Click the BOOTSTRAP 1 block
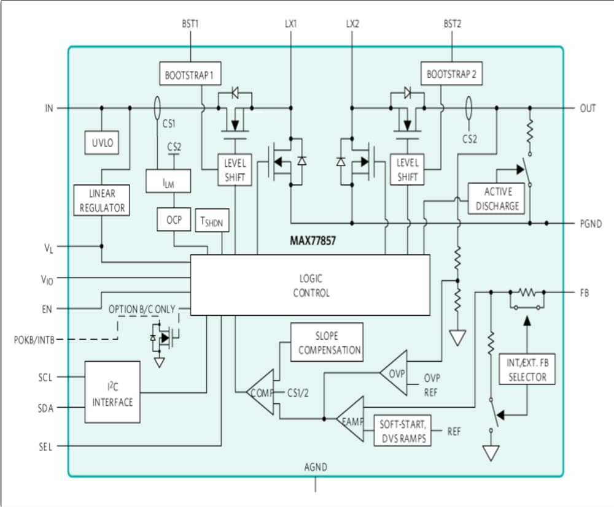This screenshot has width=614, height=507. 189,75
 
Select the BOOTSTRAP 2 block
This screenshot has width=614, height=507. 451,75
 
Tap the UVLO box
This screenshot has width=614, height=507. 102,144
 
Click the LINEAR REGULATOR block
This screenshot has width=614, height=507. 102,200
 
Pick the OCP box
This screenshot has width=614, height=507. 174,219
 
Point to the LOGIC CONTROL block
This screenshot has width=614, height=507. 311,286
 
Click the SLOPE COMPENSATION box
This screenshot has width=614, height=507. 327,343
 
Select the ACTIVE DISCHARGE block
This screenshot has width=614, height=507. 497,199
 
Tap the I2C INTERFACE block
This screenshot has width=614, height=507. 112,392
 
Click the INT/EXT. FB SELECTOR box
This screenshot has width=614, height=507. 527,370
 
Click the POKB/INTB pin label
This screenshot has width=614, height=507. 32,339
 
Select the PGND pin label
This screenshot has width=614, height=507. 591,224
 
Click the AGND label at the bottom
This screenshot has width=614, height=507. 316,467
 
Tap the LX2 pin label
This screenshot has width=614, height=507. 352,25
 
